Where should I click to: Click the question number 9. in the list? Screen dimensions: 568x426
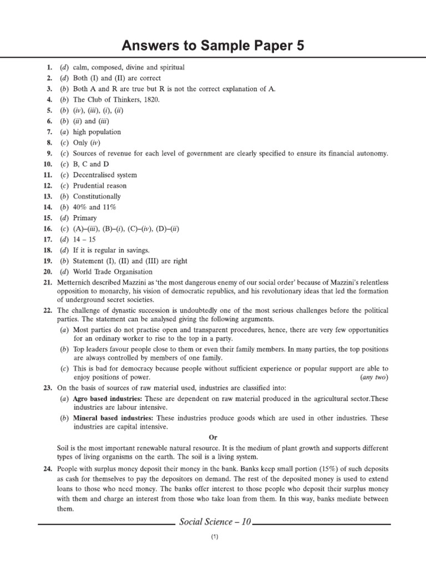click(x=49, y=153)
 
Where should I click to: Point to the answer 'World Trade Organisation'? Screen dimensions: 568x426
click(x=113, y=271)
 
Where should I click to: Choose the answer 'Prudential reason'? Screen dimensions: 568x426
click(x=100, y=186)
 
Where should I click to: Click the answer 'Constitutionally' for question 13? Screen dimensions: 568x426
click(x=97, y=196)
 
